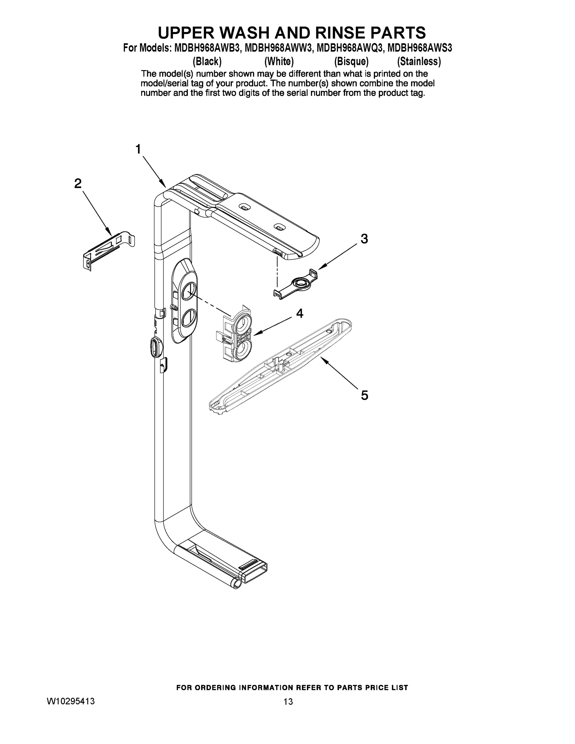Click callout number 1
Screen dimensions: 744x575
138,149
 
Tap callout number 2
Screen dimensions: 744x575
78,184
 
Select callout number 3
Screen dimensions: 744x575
364,239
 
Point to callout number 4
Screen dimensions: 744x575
299,313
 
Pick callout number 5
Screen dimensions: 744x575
364,396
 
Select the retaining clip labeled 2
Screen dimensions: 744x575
108,250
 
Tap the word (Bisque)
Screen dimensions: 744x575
351,61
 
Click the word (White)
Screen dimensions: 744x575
279,61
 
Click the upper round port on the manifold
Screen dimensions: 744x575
188,292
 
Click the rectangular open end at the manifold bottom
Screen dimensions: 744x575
255,576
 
